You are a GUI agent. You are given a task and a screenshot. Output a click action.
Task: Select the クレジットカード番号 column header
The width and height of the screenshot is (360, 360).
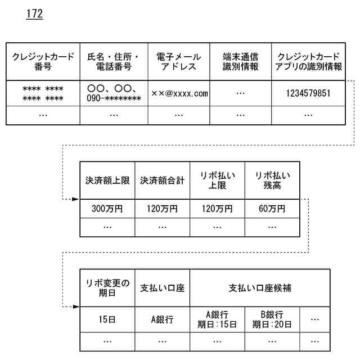[x=43, y=61]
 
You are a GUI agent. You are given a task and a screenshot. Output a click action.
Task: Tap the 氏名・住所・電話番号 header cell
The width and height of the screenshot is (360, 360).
[x=114, y=61]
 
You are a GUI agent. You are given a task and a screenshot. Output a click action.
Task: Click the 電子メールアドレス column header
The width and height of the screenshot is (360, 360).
[x=179, y=61]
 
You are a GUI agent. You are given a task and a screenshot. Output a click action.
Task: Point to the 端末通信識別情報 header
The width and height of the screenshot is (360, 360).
[x=241, y=61]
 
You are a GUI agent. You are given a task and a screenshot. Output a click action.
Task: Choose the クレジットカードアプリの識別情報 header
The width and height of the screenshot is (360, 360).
[x=308, y=61]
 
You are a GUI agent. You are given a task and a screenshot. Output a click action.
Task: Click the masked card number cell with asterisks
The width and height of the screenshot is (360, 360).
[x=43, y=93]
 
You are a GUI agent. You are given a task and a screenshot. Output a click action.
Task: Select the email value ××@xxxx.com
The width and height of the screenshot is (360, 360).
[x=179, y=93]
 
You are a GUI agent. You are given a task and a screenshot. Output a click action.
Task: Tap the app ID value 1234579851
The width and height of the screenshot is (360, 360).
[x=308, y=93]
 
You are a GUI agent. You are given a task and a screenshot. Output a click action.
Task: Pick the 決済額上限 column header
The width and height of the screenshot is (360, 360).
[x=107, y=181]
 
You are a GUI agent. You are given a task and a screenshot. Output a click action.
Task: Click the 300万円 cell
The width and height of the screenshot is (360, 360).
[x=107, y=209]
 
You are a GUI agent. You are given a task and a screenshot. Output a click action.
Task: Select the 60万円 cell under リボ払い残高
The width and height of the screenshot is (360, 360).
[x=272, y=209]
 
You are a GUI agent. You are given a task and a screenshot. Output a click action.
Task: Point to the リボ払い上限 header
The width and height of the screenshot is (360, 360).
[x=217, y=181]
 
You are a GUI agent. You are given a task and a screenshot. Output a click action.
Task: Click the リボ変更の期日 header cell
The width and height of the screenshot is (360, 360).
[x=107, y=287]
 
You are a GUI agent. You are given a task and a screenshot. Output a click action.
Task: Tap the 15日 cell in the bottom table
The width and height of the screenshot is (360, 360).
[x=107, y=319]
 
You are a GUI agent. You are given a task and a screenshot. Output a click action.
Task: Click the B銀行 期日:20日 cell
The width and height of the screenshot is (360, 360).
[x=272, y=319]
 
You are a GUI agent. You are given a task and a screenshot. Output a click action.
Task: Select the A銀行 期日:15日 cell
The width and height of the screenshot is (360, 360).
[x=217, y=319]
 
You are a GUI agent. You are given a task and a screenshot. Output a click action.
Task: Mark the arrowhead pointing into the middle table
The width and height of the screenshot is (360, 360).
[x=76, y=199]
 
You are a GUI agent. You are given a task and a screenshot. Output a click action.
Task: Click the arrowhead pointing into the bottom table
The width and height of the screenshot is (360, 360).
[x=76, y=307]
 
